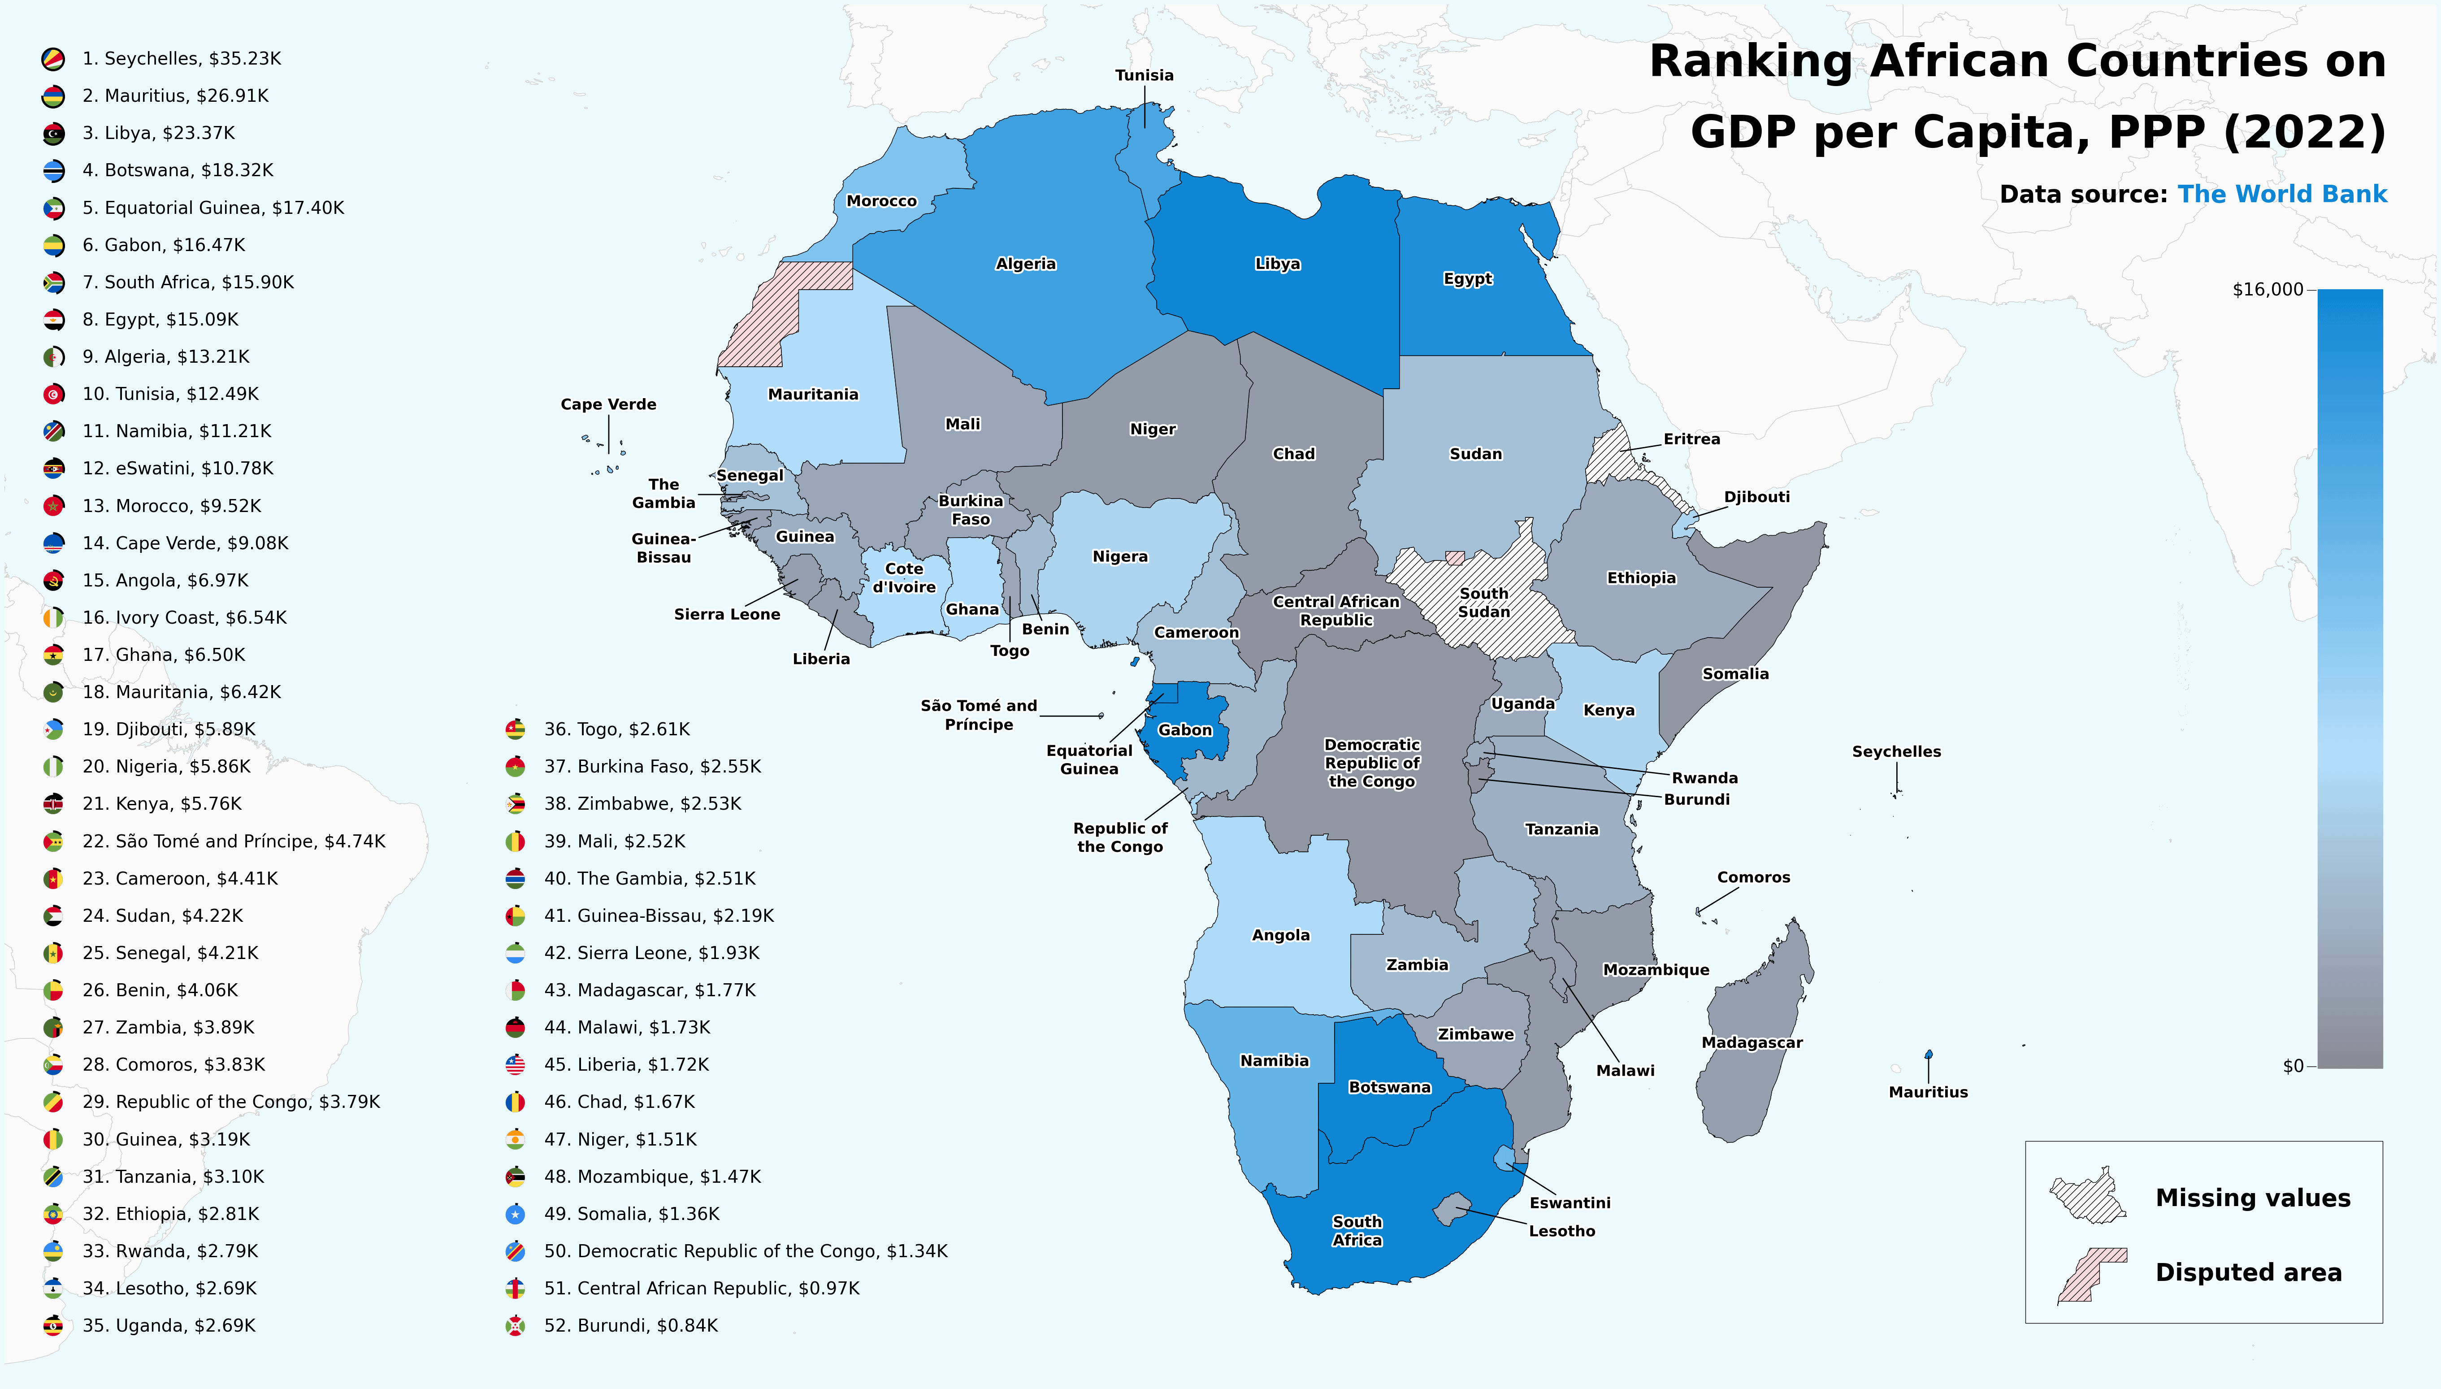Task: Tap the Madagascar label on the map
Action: [1752, 1043]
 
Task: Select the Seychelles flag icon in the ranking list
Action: [53, 59]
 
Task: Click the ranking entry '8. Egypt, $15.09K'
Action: [160, 320]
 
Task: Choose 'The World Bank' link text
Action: [2282, 195]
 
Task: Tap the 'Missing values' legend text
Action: [2252, 1198]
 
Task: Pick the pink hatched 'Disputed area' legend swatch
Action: [2091, 1275]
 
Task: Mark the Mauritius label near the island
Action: [1928, 1092]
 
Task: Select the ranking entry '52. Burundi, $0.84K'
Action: [630, 1325]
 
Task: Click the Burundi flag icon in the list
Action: [515, 1325]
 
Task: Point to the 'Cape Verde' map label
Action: [609, 404]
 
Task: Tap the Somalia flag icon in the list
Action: [515, 1213]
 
